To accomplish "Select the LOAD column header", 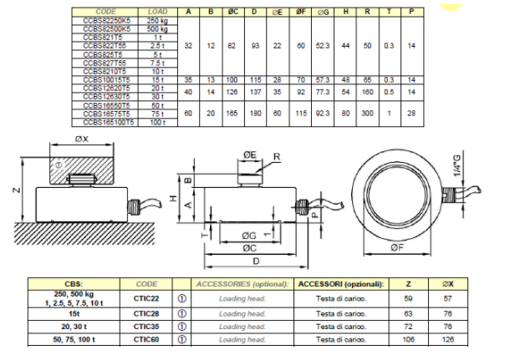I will [x=156, y=12].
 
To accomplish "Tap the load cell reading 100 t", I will [x=156, y=123].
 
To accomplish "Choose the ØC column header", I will [x=232, y=12].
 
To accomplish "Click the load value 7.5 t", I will [x=156, y=63].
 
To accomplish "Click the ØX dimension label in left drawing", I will [x=79, y=139].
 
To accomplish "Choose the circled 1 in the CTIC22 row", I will [x=181, y=298].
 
